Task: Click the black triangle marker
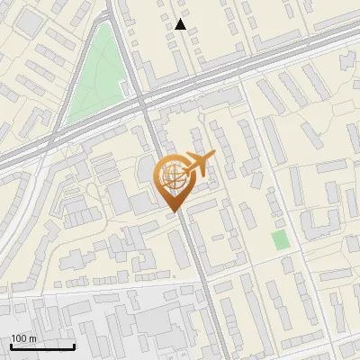pyautogui.click(x=181, y=24)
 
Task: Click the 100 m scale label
pyautogui.click(x=22, y=338)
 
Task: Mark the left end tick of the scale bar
pyautogui.click(x=11, y=346)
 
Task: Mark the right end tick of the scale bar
pyautogui.click(x=74, y=346)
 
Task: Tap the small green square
pyautogui.click(x=280, y=240)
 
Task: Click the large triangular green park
pyautogui.click(x=93, y=81)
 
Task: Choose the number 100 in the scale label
pyautogui.click(x=19, y=338)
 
